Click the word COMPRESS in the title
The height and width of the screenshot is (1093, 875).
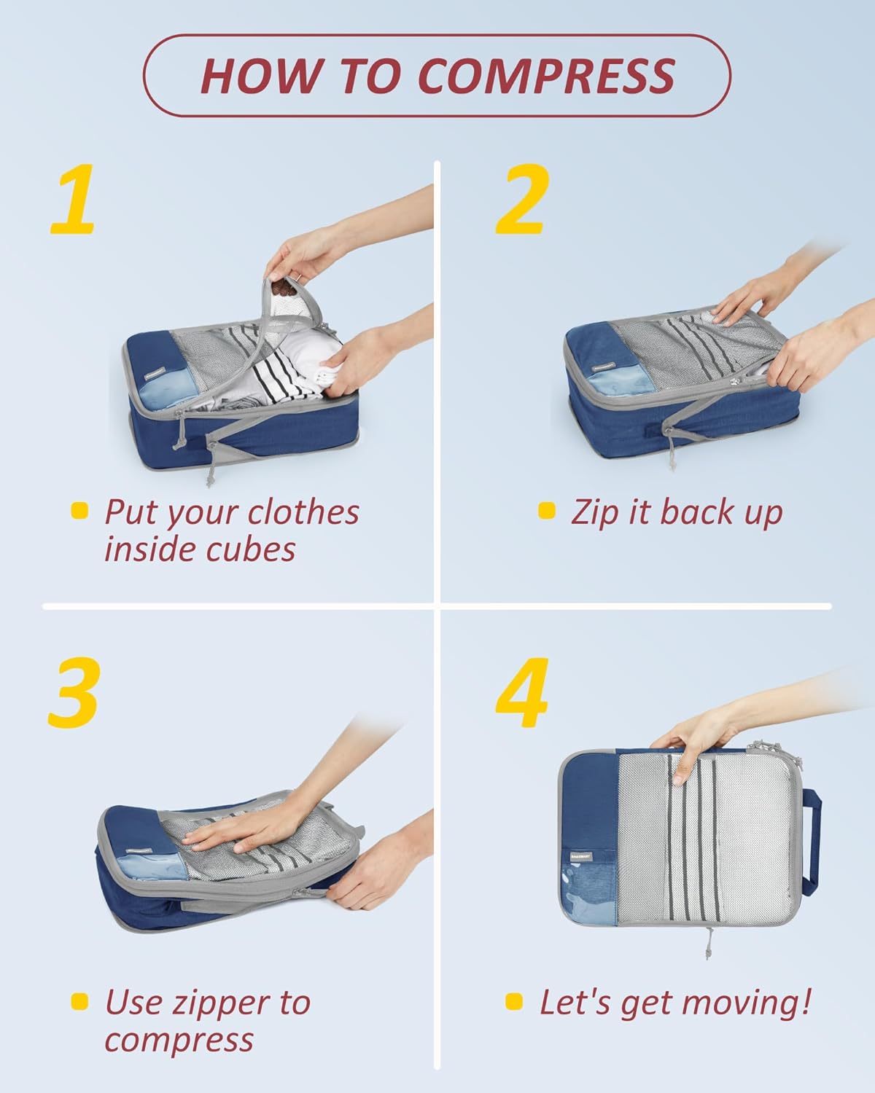(x=546, y=75)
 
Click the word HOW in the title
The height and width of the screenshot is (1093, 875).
(x=260, y=75)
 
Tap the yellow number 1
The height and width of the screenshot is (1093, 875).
(x=74, y=200)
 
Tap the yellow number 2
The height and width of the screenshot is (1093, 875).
(x=521, y=200)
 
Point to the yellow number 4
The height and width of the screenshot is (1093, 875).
(x=522, y=692)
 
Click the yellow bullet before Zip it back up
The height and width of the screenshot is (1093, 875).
(x=546, y=510)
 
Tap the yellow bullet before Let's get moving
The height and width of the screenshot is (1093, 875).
(x=514, y=1001)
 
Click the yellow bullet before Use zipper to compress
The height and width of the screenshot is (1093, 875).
(x=79, y=1001)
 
